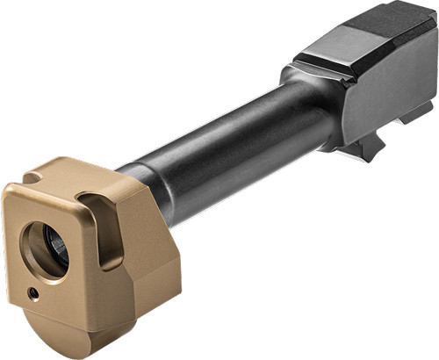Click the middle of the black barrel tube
point(228,140)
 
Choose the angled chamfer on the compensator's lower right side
point(167,290)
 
